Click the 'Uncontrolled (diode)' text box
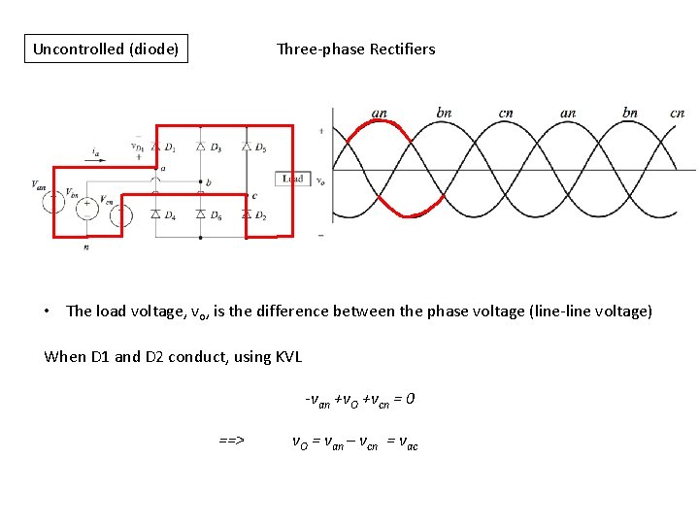[x=106, y=49]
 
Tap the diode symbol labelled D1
[x=155, y=147]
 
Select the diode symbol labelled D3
[x=200, y=147]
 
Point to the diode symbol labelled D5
[x=246, y=147]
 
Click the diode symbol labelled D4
[x=155, y=213]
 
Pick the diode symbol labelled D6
[x=200, y=213]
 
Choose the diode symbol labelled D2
[x=246, y=213]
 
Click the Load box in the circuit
[x=293, y=179]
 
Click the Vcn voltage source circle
[x=120, y=214]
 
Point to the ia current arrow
[x=94, y=159]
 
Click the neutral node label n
[x=86, y=247]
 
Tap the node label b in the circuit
[x=208, y=182]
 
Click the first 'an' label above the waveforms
[x=380, y=114]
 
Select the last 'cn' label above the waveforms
[x=678, y=114]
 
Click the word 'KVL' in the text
[x=287, y=357]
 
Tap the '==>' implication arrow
[x=231, y=441]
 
